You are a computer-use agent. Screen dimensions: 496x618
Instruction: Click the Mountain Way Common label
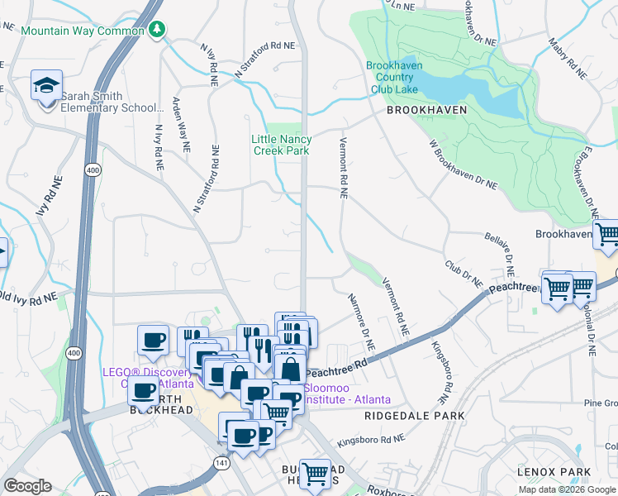point(83,31)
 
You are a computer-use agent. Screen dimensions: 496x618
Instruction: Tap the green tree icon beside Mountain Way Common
point(157,31)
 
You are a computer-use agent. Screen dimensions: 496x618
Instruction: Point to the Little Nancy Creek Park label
point(282,145)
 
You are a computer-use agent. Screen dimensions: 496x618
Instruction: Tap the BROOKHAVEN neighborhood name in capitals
point(425,109)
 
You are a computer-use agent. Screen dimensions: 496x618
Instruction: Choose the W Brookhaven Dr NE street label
point(463,165)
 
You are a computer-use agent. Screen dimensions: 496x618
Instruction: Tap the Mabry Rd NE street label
point(568,57)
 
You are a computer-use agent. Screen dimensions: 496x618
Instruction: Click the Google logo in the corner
point(27,486)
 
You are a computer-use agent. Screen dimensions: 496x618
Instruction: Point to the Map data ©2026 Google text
point(566,489)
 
